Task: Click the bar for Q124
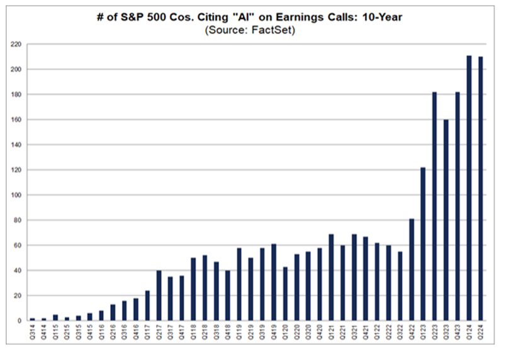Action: (469, 188)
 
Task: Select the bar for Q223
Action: (434, 206)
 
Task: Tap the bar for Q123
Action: (423, 244)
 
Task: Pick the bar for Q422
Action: (412, 269)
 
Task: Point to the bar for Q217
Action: (159, 295)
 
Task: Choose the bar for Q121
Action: (331, 278)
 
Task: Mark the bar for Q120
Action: (285, 294)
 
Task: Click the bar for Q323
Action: (446, 220)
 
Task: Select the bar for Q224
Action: (480, 189)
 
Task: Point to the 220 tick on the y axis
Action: (16, 44)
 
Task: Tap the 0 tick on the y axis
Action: (20, 321)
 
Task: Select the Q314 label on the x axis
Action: (32, 332)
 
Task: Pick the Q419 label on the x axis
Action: (274, 332)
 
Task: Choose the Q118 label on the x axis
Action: (193, 332)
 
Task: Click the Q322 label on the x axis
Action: (400, 332)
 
